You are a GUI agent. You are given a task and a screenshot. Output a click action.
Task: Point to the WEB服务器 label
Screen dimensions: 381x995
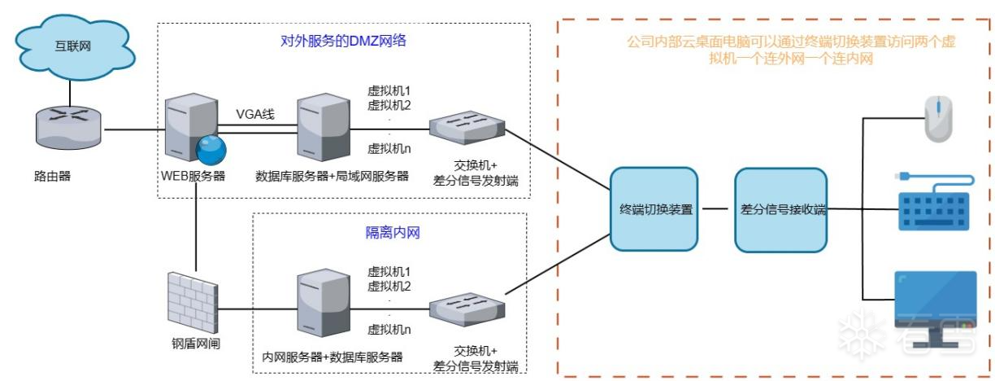coord(192,176)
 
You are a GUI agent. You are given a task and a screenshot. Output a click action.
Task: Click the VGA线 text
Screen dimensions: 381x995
coord(254,114)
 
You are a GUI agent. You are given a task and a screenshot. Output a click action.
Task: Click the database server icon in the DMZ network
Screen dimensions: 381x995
coord(319,129)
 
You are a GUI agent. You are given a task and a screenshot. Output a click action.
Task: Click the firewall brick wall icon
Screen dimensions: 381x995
coord(192,298)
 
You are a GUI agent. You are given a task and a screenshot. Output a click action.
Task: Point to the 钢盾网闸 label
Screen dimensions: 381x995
coord(192,343)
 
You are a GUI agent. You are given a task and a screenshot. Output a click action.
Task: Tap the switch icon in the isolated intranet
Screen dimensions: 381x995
coord(467,305)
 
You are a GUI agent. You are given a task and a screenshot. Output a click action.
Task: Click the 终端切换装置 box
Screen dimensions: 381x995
coord(655,209)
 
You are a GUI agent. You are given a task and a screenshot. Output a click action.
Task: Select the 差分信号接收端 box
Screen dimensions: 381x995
coord(780,209)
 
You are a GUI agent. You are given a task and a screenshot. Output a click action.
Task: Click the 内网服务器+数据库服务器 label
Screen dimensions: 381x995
coord(333,357)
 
